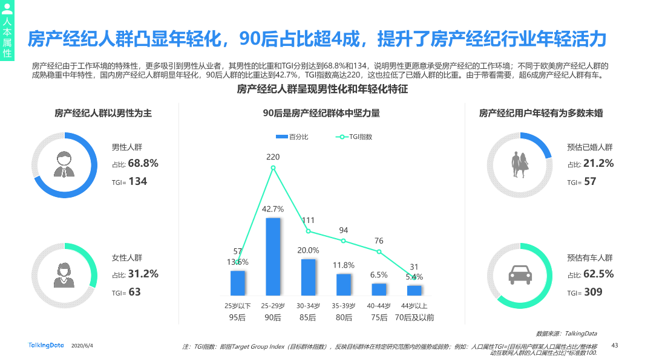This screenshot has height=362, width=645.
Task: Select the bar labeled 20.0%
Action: click(x=309, y=277)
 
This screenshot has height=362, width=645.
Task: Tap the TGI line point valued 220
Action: click(x=273, y=167)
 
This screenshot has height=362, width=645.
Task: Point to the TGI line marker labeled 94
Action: click(x=344, y=241)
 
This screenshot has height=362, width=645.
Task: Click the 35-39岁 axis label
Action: click(x=344, y=305)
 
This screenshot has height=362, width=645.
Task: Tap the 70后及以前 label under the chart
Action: click(x=414, y=317)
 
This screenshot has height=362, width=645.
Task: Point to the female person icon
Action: click(x=64, y=275)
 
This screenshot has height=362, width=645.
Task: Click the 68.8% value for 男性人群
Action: click(x=143, y=163)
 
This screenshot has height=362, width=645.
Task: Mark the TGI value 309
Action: click(x=593, y=292)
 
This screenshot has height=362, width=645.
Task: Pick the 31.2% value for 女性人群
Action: click(x=143, y=274)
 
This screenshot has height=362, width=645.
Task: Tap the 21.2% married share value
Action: click(x=598, y=163)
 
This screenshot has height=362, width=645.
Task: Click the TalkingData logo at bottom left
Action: click(x=46, y=345)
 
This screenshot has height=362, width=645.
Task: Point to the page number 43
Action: click(x=615, y=345)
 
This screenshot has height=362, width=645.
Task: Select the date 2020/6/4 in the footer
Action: click(x=82, y=346)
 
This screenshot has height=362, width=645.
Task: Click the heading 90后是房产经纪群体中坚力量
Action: click(x=321, y=113)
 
